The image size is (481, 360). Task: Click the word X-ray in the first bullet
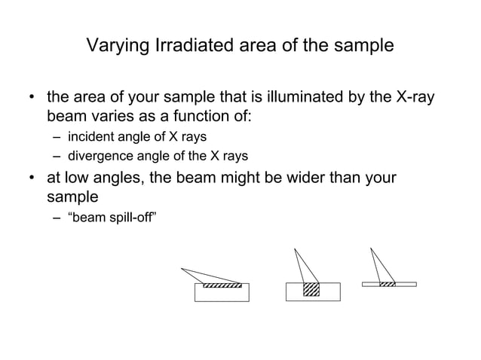415,99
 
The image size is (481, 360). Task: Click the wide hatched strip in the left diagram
222,285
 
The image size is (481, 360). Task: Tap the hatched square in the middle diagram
311,290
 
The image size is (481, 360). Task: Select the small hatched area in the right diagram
388,284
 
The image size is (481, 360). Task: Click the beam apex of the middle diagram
295,249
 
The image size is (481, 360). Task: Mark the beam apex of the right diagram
371,249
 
